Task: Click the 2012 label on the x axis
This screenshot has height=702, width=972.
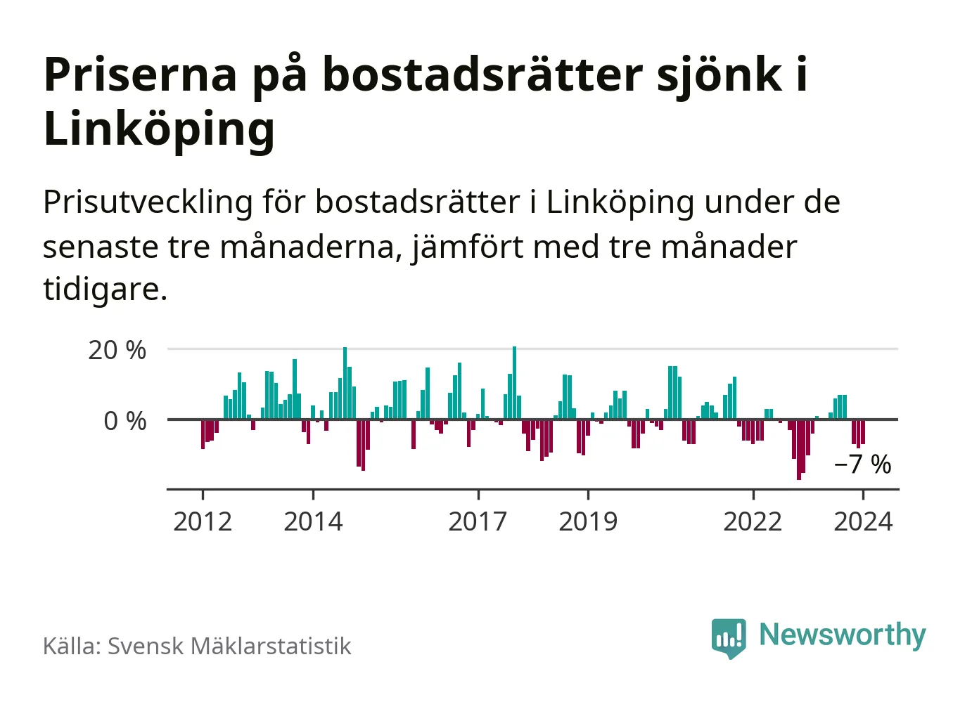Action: click(203, 521)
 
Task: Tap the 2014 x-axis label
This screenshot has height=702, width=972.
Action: click(313, 521)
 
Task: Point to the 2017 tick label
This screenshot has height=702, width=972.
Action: click(478, 521)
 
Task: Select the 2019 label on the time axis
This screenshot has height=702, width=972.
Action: click(588, 521)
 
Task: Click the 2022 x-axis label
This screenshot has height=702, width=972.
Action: click(753, 521)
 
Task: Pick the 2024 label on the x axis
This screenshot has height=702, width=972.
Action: click(863, 521)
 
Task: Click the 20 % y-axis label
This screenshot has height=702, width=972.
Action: click(117, 350)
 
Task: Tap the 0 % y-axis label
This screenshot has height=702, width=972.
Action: click(125, 421)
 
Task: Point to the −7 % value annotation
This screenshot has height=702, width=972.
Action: click(862, 464)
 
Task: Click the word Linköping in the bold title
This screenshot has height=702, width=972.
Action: click(159, 129)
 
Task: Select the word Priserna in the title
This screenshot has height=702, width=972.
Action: click(141, 74)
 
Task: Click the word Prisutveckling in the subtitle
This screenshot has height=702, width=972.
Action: click(148, 202)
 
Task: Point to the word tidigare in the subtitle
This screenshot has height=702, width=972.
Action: click(104, 289)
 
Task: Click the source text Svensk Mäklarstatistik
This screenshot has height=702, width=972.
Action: click(229, 646)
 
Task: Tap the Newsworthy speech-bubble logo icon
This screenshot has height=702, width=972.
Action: click(729, 637)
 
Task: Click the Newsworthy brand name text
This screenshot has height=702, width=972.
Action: click(842, 635)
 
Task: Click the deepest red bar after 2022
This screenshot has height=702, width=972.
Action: click(799, 449)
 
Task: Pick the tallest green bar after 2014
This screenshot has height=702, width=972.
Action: click(345, 383)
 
